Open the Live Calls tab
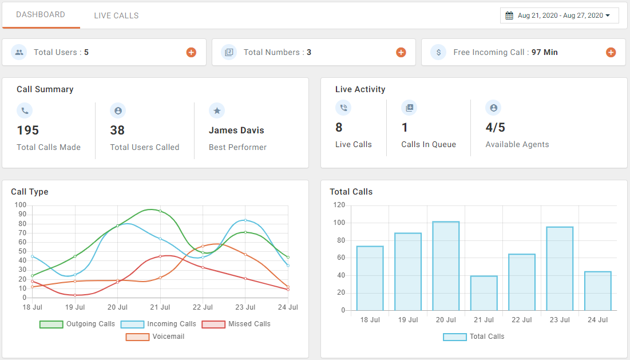click(x=116, y=15)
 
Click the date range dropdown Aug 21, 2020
click(x=559, y=15)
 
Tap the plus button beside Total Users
click(x=191, y=53)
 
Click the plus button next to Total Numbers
click(x=401, y=53)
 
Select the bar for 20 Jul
click(x=446, y=266)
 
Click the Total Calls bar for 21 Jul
click(x=484, y=293)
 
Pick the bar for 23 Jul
click(x=560, y=268)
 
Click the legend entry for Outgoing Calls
click(x=77, y=324)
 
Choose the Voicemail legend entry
click(x=156, y=337)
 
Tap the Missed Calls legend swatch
click(x=214, y=324)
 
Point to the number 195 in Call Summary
click(x=28, y=130)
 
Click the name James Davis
click(x=236, y=130)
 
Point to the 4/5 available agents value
click(x=495, y=128)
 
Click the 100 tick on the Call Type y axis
click(x=21, y=205)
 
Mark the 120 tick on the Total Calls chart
click(x=339, y=205)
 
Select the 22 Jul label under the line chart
click(x=203, y=307)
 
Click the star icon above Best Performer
click(x=217, y=110)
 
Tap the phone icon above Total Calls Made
click(x=25, y=110)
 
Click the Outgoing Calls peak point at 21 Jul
click(x=160, y=211)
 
